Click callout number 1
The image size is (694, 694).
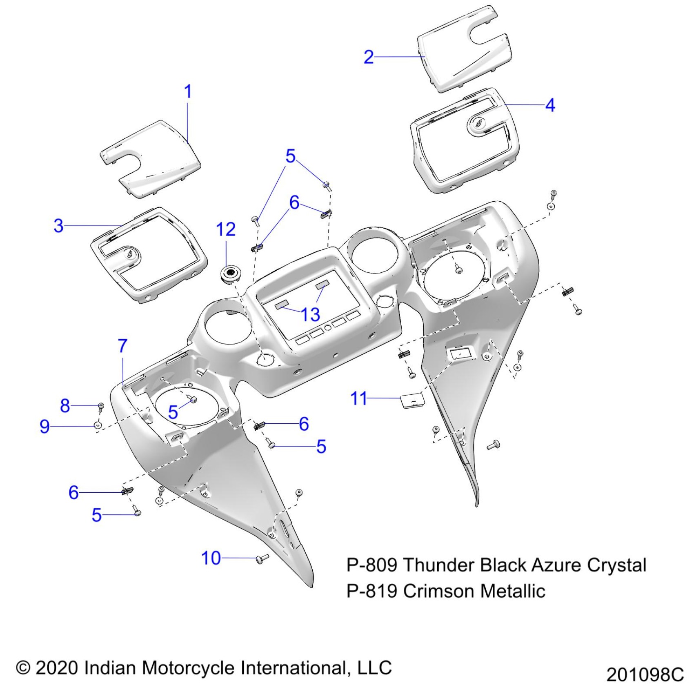coord(188,92)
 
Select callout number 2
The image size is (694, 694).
coord(368,57)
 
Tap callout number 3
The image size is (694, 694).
coord(59,226)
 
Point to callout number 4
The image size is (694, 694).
coord(550,105)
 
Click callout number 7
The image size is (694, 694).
coord(122,346)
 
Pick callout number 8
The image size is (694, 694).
coord(65,406)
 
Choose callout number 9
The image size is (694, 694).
coord(44,426)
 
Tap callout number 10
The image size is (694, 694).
coord(211,558)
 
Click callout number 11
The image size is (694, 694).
coord(359,398)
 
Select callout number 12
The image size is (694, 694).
coord(226,229)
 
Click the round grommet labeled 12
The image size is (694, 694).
coord(231,273)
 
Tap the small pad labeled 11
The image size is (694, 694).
coord(411,400)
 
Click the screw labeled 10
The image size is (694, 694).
coord(262,558)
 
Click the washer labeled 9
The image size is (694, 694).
coord(98,426)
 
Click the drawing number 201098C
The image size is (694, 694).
coord(645,675)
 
